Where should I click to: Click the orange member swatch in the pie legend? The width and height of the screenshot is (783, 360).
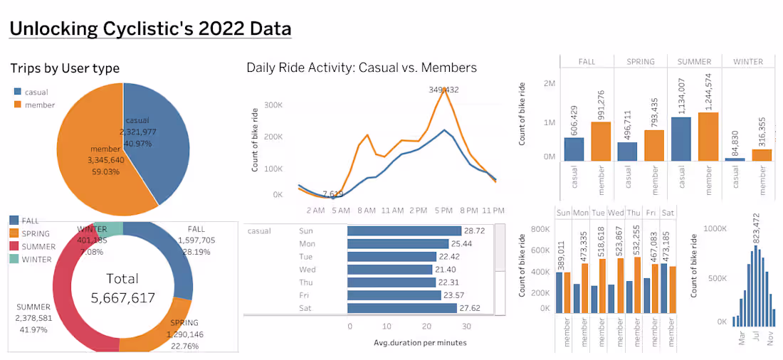tap(17, 105)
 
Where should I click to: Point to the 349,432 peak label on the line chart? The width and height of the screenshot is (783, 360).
tap(443, 90)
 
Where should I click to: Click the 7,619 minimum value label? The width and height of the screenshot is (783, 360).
tap(333, 194)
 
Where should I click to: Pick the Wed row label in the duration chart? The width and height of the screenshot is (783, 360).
tap(307, 270)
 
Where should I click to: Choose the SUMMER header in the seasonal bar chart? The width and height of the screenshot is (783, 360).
tap(695, 62)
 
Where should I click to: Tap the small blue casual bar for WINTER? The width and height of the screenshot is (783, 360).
tap(735, 159)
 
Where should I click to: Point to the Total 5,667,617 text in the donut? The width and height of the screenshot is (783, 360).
tap(122, 288)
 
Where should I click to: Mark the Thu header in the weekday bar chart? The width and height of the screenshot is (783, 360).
tap(634, 213)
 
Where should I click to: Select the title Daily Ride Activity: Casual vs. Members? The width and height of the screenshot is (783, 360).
tap(362, 68)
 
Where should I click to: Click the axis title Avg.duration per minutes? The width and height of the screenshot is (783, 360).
tap(420, 343)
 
